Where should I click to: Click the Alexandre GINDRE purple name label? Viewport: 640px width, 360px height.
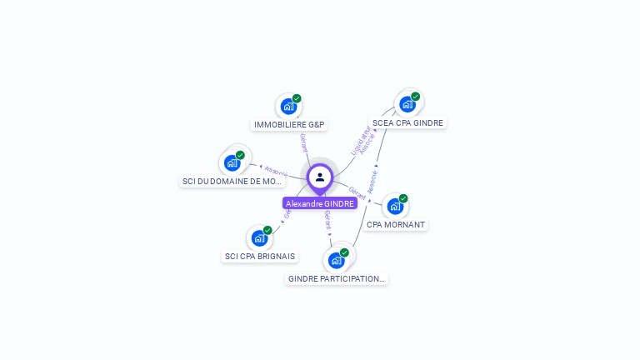(320, 203)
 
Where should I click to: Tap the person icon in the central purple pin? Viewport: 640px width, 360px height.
(320, 177)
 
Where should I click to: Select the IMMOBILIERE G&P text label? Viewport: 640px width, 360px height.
(288, 125)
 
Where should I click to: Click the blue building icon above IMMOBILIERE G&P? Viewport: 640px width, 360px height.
(287, 107)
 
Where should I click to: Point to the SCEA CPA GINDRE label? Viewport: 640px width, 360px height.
(407, 122)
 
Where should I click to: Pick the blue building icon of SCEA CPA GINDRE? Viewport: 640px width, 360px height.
(407, 104)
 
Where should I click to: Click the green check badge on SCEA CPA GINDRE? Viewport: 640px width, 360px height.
(415, 96)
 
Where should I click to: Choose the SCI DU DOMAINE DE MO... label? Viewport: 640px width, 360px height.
(232, 181)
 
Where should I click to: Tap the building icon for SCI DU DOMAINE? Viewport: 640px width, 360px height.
(232, 162)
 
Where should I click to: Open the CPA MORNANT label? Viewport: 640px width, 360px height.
(396, 225)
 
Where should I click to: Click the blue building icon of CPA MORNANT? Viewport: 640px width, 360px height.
(395, 206)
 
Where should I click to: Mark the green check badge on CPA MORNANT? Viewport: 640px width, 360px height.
(403, 198)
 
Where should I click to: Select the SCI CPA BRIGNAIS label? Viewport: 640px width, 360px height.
(260, 257)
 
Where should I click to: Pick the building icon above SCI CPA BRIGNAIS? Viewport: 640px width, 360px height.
(259, 238)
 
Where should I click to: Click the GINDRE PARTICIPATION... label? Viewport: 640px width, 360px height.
(337, 278)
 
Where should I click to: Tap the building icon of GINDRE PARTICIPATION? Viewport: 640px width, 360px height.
(336, 260)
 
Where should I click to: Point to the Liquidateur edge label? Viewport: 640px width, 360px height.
(360, 140)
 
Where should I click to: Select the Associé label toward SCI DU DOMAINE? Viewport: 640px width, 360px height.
(275, 170)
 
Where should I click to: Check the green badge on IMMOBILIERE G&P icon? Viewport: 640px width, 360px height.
(297, 98)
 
